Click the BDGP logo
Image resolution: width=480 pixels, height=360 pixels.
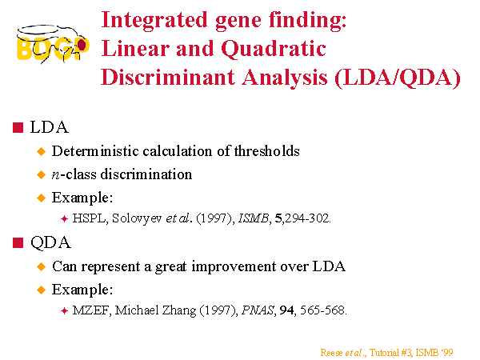pos(53,44)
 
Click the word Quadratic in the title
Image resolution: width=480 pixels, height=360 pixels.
pos(274,50)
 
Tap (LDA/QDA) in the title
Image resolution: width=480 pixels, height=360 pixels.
pos(398,78)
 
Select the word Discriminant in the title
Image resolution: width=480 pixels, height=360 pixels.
pos(168,77)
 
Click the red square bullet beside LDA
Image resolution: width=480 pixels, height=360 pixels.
pos(18,127)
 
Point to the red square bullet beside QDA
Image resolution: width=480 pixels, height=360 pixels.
pos(18,242)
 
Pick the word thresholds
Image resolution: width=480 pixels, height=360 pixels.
pos(267,151)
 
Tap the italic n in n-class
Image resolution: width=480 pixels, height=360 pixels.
pos(55,175)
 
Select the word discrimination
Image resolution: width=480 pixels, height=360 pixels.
pos(146,174)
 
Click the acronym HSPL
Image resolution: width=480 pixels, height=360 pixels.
pos(89,218)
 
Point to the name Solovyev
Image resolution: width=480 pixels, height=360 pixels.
pos(137,219)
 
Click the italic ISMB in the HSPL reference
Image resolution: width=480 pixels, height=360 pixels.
pos(253,218)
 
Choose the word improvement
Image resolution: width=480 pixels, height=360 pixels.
pos(234,266)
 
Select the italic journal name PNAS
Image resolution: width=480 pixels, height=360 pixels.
pos(258,310)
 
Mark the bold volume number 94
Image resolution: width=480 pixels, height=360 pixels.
pos(286,310)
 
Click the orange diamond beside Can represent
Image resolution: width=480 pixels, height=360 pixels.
pos(41,266)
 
